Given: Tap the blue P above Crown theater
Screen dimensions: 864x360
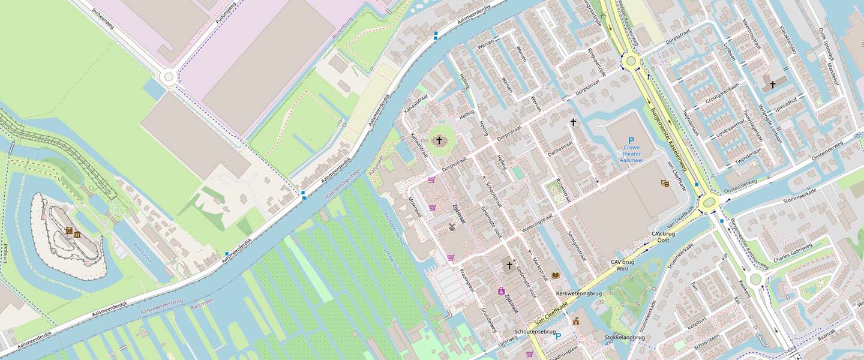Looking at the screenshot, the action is pos(631,140).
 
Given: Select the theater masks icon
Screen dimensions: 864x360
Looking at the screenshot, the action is pos(664,183).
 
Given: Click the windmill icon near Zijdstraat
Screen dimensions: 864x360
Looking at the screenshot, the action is pos(452,227).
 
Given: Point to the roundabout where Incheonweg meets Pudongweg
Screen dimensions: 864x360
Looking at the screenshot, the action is pos(169,76).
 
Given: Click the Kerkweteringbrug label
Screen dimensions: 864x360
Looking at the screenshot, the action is pos(578,293).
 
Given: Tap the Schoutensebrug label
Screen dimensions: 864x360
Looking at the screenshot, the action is pos(535,331).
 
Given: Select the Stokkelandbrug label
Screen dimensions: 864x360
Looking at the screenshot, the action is pos(625,337).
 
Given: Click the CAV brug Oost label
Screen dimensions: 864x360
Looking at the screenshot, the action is pos(661,236).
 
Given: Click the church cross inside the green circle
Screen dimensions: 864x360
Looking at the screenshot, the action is pos(439,141).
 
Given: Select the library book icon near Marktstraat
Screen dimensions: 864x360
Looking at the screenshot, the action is pos(555,275).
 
